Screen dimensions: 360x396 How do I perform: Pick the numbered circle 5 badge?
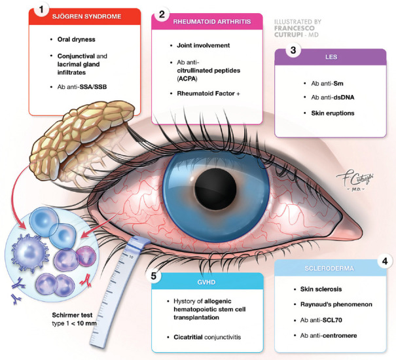tap(155, 276)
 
